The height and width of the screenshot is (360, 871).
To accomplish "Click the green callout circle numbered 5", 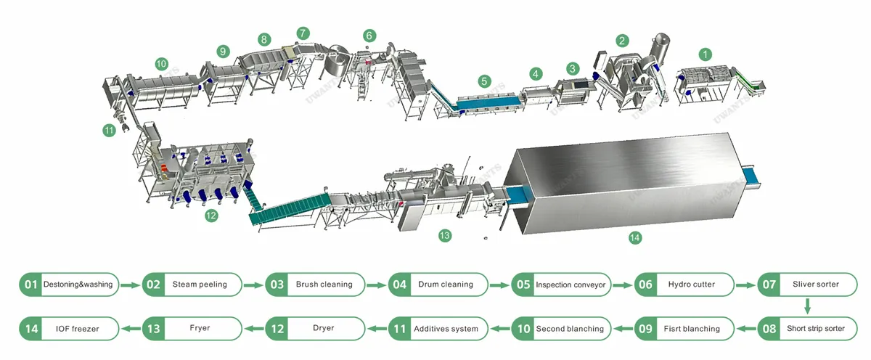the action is coord(484,81).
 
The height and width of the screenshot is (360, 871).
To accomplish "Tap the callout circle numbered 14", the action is coord(634,237).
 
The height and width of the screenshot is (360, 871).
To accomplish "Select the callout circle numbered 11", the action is coord(110,130).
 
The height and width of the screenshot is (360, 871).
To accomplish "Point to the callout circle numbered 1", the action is coord(705,54).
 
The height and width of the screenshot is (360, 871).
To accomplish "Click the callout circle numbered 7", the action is coord(303,33).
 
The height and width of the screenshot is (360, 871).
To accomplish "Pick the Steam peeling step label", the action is coord(200,285).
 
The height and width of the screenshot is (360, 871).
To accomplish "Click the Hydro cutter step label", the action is coord(691,285).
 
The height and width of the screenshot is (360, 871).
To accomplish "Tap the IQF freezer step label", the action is coord(78,329).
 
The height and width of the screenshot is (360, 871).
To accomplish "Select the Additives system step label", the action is coord(446,329).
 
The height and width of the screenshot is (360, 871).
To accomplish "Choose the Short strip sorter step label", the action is coord(815,329).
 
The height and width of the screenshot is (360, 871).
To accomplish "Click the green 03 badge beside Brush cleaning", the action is coord(277,285).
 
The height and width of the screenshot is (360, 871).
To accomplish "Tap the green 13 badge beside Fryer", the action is coord(153,329).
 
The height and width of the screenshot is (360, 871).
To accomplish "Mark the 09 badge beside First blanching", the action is coord(645,329).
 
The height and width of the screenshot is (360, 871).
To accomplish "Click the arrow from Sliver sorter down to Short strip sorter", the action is coord(807,306).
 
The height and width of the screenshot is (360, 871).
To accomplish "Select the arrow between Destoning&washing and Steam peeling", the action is coord(130,285).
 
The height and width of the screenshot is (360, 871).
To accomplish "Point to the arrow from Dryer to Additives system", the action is coord(377,329).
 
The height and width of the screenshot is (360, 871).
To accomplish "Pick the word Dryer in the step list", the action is coord(323,328).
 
